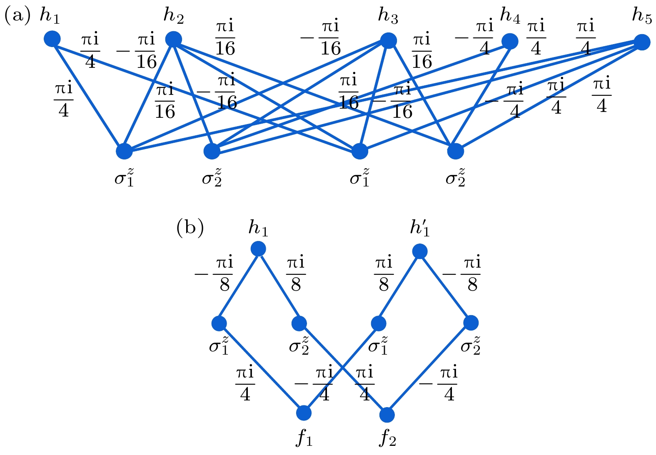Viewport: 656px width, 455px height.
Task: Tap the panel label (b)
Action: pyautogui.click(x=190, y=228)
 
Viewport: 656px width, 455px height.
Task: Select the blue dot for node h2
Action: pyautogui.click(x=174, y=40)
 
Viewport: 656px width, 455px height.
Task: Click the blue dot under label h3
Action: pyautogui.click(x=388, y=41)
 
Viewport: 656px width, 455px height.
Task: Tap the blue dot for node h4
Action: pyautogui.click(x=510, y=42)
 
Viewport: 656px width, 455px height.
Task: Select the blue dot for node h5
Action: pyautogui.click(x=642, y=42)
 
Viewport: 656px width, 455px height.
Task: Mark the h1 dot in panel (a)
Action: pyautogui.click(x=52, y=39)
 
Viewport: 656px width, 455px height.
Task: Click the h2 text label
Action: pyautogui.click(x=173, y=16)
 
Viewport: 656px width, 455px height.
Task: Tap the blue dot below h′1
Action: pyautogui.click(x=419, y=251)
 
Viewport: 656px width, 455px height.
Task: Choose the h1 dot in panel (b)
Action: pyautogui.click(x=258, y=249)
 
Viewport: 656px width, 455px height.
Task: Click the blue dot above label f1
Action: pyautogui.click(x=304, y=413)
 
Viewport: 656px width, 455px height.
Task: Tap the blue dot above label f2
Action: pyautogui.click(x=387, y=415)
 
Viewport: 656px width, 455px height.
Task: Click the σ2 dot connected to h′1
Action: pyautogui.click(x=471, y=323)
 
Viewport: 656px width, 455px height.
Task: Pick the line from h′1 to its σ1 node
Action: pyautogui.click(x=399, y=287)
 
